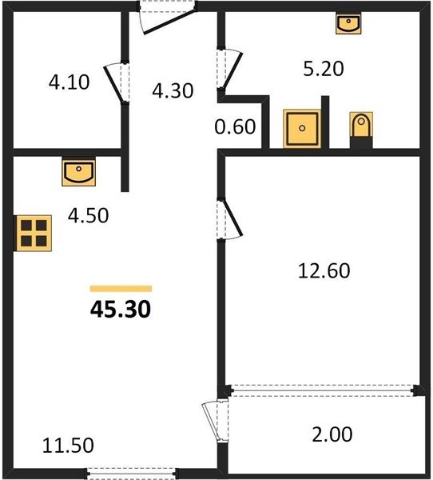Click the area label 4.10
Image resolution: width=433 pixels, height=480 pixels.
(70, 82)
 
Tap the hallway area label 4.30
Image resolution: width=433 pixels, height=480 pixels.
(173, 90)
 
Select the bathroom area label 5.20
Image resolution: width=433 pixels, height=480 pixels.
(324, 69)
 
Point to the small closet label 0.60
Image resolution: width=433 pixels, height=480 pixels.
(235, 126)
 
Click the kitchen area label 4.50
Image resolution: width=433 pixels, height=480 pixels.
(88, 215)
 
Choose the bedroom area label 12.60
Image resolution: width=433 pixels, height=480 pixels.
(324, 270)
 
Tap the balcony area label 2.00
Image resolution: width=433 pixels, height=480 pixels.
(332, 434)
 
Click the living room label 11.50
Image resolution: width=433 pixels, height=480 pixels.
(68, 446)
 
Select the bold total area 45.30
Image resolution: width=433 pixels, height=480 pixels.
(121, 309)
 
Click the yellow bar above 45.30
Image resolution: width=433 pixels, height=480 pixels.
(121, 289)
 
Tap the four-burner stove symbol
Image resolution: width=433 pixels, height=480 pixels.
(34, 234)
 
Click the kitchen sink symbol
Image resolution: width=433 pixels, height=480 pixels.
(78, 172)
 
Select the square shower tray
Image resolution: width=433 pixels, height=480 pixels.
(302, 129)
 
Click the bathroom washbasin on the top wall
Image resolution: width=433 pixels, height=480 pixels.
(348, 23)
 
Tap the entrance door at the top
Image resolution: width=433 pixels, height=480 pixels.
(168, 17)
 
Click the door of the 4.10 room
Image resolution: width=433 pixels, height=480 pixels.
(117, 82)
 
